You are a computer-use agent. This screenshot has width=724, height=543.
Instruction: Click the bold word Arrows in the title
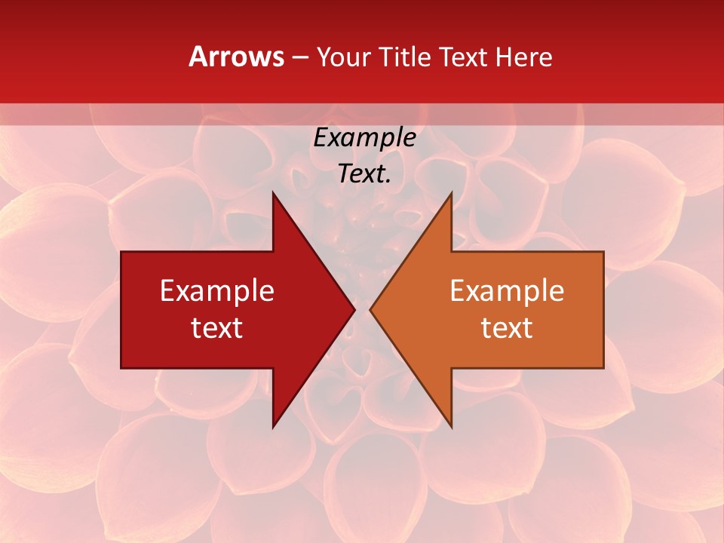(236, 57)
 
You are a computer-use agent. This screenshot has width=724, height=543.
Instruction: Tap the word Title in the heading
(409, 57)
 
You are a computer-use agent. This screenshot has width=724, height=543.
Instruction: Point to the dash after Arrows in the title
(299, 58)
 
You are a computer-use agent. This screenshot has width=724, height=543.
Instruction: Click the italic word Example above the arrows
(365, 138)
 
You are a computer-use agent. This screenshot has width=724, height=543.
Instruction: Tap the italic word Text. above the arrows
(365, 174)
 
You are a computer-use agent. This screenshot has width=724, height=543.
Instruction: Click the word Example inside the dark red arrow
(217, 290)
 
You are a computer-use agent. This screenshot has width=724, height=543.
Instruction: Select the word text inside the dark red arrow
(217, 327)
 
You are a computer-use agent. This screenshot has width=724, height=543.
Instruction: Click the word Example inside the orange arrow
(507, 290)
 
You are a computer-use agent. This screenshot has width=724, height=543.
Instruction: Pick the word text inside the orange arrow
(507, 327)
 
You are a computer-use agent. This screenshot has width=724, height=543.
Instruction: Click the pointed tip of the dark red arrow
(354, 309)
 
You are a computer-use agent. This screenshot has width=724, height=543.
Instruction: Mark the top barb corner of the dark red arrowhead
(273, 193)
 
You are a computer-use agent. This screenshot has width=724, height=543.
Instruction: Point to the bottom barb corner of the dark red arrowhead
(273, 426)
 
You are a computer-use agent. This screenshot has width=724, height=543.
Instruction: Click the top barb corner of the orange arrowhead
(451, 193)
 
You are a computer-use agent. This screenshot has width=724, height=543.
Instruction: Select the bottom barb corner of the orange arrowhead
(451, 426)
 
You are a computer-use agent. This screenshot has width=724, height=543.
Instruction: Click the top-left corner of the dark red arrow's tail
(122, 252)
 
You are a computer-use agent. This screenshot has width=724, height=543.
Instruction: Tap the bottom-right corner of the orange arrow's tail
(603, 367)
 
